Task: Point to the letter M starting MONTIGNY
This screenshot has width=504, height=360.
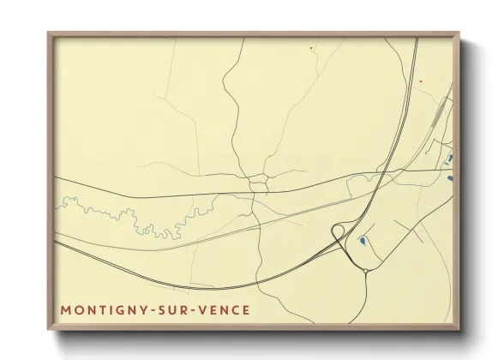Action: pos(66,308)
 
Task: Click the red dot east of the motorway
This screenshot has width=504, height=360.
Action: pos(421,82)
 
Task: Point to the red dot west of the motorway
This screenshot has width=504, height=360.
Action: pos(310,49)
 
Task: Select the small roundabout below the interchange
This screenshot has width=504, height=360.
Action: pos(366,272)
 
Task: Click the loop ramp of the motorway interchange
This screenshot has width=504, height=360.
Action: pos(339,231)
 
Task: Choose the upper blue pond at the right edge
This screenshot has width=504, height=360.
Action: pos(448,159)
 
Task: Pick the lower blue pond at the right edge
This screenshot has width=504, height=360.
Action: pos(449,178)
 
